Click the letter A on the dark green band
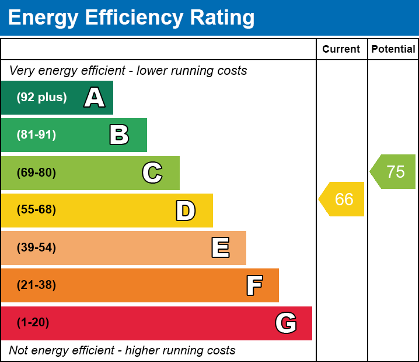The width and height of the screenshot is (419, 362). click(x=95, y=98)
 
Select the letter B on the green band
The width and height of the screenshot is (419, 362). click(x=119, y=135)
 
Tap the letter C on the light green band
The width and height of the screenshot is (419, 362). click(x=152, y=173)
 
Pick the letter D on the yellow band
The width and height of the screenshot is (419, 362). click(x=186, y=211)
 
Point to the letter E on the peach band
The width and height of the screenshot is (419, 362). click(x=220, y=248)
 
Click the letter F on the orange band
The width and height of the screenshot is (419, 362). click(x=254, y=285)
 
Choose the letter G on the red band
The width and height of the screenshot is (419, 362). click(x=286, y=323)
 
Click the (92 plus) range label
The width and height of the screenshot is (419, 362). click(x=41, y=98)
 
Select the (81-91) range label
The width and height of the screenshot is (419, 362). click(x=36, y=135)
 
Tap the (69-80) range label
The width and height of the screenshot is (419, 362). click(x=36, y=173)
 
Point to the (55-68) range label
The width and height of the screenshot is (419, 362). click(x=36, y=210)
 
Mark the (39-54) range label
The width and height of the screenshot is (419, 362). click(x=36, y=248)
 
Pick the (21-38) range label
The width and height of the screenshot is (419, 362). click(x=36, y=285)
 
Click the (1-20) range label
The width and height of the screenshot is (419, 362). click(x=33, y=323)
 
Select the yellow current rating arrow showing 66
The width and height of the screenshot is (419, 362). click(x=343, y=199)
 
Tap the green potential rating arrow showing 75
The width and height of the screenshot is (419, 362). click(x=394, y=172)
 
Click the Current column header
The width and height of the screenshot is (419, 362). click(x=341, y=50)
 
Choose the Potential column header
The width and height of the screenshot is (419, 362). click(x=393, y=50)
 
